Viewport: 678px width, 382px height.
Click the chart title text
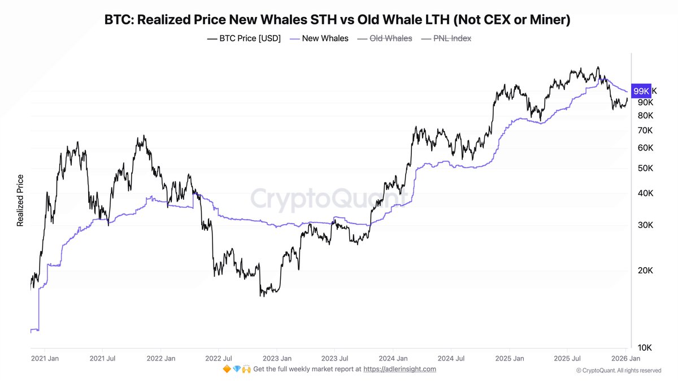pyautogui.click(x=337, y=20)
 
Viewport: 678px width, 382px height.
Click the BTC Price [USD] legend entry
pyautogui.click(x=244, y=38)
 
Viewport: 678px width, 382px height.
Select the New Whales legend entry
pyautogui.click(x=319, y=38)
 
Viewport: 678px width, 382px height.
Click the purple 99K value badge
pyautogui.click(x=641, y=91)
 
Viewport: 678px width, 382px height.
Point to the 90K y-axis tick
pyautogui.click(x=645, y=102)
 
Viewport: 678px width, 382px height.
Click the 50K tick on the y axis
pyautogui.click(x=645, y=168)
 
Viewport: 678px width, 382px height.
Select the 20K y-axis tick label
pyautogui.click(x=645, y=270)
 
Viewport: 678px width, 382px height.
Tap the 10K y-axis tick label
pyautogui.click(x=645, y=347)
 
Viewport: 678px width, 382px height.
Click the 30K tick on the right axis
pyautogui.click(x=645, y=225)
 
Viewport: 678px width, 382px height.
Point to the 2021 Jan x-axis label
pyautogui.click(x=46, y=358)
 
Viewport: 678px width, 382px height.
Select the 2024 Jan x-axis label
pyautogui.click(x=393, y=358)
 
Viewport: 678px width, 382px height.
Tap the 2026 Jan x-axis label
pyautogui.click(x=626, y=358)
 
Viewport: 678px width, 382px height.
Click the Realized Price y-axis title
pyautogui.click(x=20, y=200)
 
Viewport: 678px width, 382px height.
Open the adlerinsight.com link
pyautogui.click(x=399, y=369)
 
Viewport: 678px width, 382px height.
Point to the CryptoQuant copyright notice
pyautogui.click(x=619, y=371)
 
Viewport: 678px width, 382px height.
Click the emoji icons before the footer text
pyautogui.click(x=237, y=369)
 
